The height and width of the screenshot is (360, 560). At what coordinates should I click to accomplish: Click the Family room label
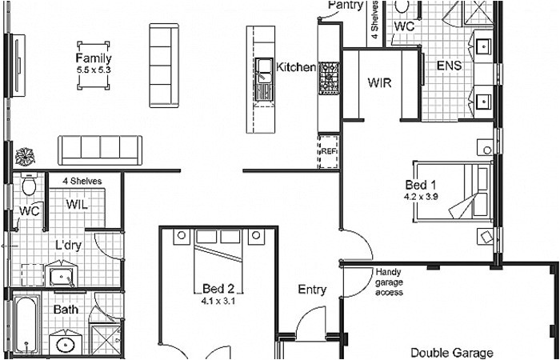click(x=94, y=58)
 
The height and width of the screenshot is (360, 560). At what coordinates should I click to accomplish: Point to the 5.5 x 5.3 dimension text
click(x=94, y=69)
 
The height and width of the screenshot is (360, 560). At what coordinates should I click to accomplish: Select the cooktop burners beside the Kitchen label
click(x=329, y=78)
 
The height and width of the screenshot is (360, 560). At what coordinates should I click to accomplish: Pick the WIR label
click(x=378, y=82)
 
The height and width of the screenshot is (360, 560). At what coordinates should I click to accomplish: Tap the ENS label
click(x=448, y=66)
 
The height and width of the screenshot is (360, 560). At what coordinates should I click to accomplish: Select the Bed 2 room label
click(x=218, y=289)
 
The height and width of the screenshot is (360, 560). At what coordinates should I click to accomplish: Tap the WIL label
click(x=77, y=205)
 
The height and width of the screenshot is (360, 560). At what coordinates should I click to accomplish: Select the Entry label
click(x=311, y=290)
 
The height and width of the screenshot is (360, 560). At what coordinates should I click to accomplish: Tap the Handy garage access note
click(x=389, y=282)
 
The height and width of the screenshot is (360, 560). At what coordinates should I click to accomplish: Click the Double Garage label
click(x=451, y=352)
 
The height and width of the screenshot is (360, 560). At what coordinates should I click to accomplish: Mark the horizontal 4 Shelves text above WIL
click(x=82, y=182)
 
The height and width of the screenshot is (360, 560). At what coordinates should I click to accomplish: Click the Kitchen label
click(x=296, y=67)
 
